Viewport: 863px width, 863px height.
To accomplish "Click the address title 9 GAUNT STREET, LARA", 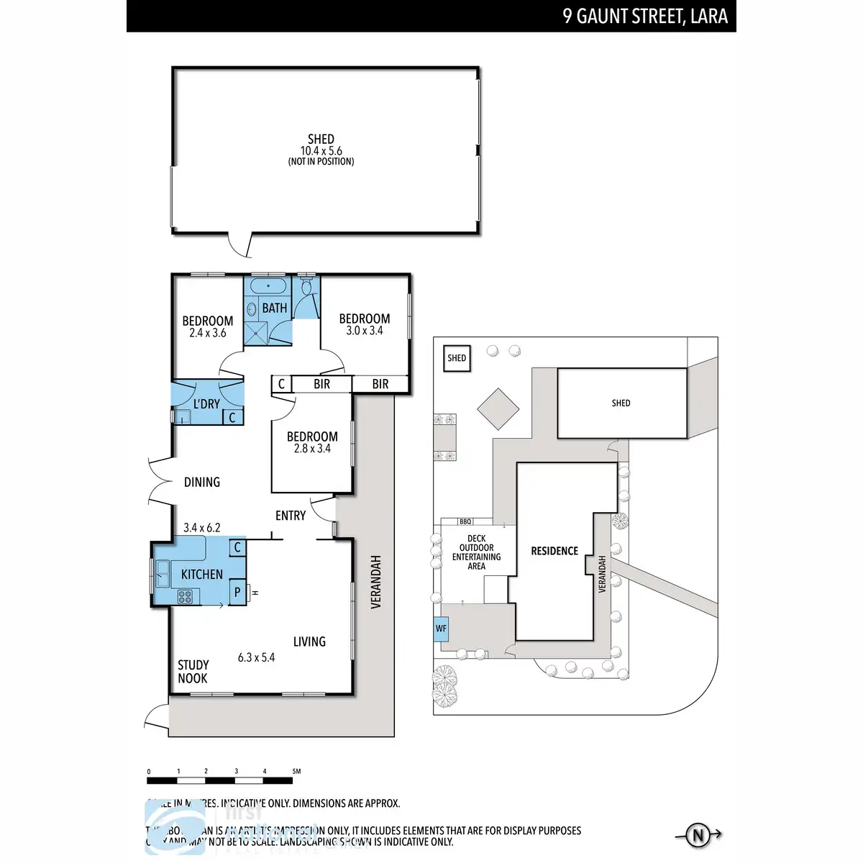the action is click(x=645, y=17).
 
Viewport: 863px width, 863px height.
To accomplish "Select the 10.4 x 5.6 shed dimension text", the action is click(x=321, y=151).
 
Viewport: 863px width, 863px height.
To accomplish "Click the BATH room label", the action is click(x=274, y=308).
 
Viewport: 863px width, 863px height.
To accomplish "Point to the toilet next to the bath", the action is click(x=307, y=290).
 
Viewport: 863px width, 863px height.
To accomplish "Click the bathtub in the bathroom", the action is click(x=268, y=286).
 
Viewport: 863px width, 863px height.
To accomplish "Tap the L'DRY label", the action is click(x=206, y=404).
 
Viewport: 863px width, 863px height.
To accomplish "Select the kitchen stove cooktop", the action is click(x=185, y=596).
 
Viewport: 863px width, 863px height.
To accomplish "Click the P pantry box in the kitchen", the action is click(x=237, y=593).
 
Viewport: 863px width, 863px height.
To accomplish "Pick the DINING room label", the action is click(x=202, y=482).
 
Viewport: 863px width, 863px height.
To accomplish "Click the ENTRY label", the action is click(x=291, y=516).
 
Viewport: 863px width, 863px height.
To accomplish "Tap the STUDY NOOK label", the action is click(x=193, y=672).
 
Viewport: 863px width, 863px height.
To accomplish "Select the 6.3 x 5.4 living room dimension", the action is click(x=256, y=657).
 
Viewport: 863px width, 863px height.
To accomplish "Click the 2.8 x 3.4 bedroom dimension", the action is click(x=312, y=449).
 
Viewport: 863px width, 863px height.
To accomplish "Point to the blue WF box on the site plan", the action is click(x=441, y=629).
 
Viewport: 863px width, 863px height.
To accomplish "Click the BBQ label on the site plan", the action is click(x=465, y=521).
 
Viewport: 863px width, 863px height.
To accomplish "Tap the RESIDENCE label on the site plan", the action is click(x=554, y=551).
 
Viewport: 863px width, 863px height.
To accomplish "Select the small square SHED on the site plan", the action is click(x=457, y=357).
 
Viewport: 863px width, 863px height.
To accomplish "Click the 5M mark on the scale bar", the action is click(x=296, y=772).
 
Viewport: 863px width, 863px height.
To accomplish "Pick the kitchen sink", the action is click(x=163, y=575).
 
